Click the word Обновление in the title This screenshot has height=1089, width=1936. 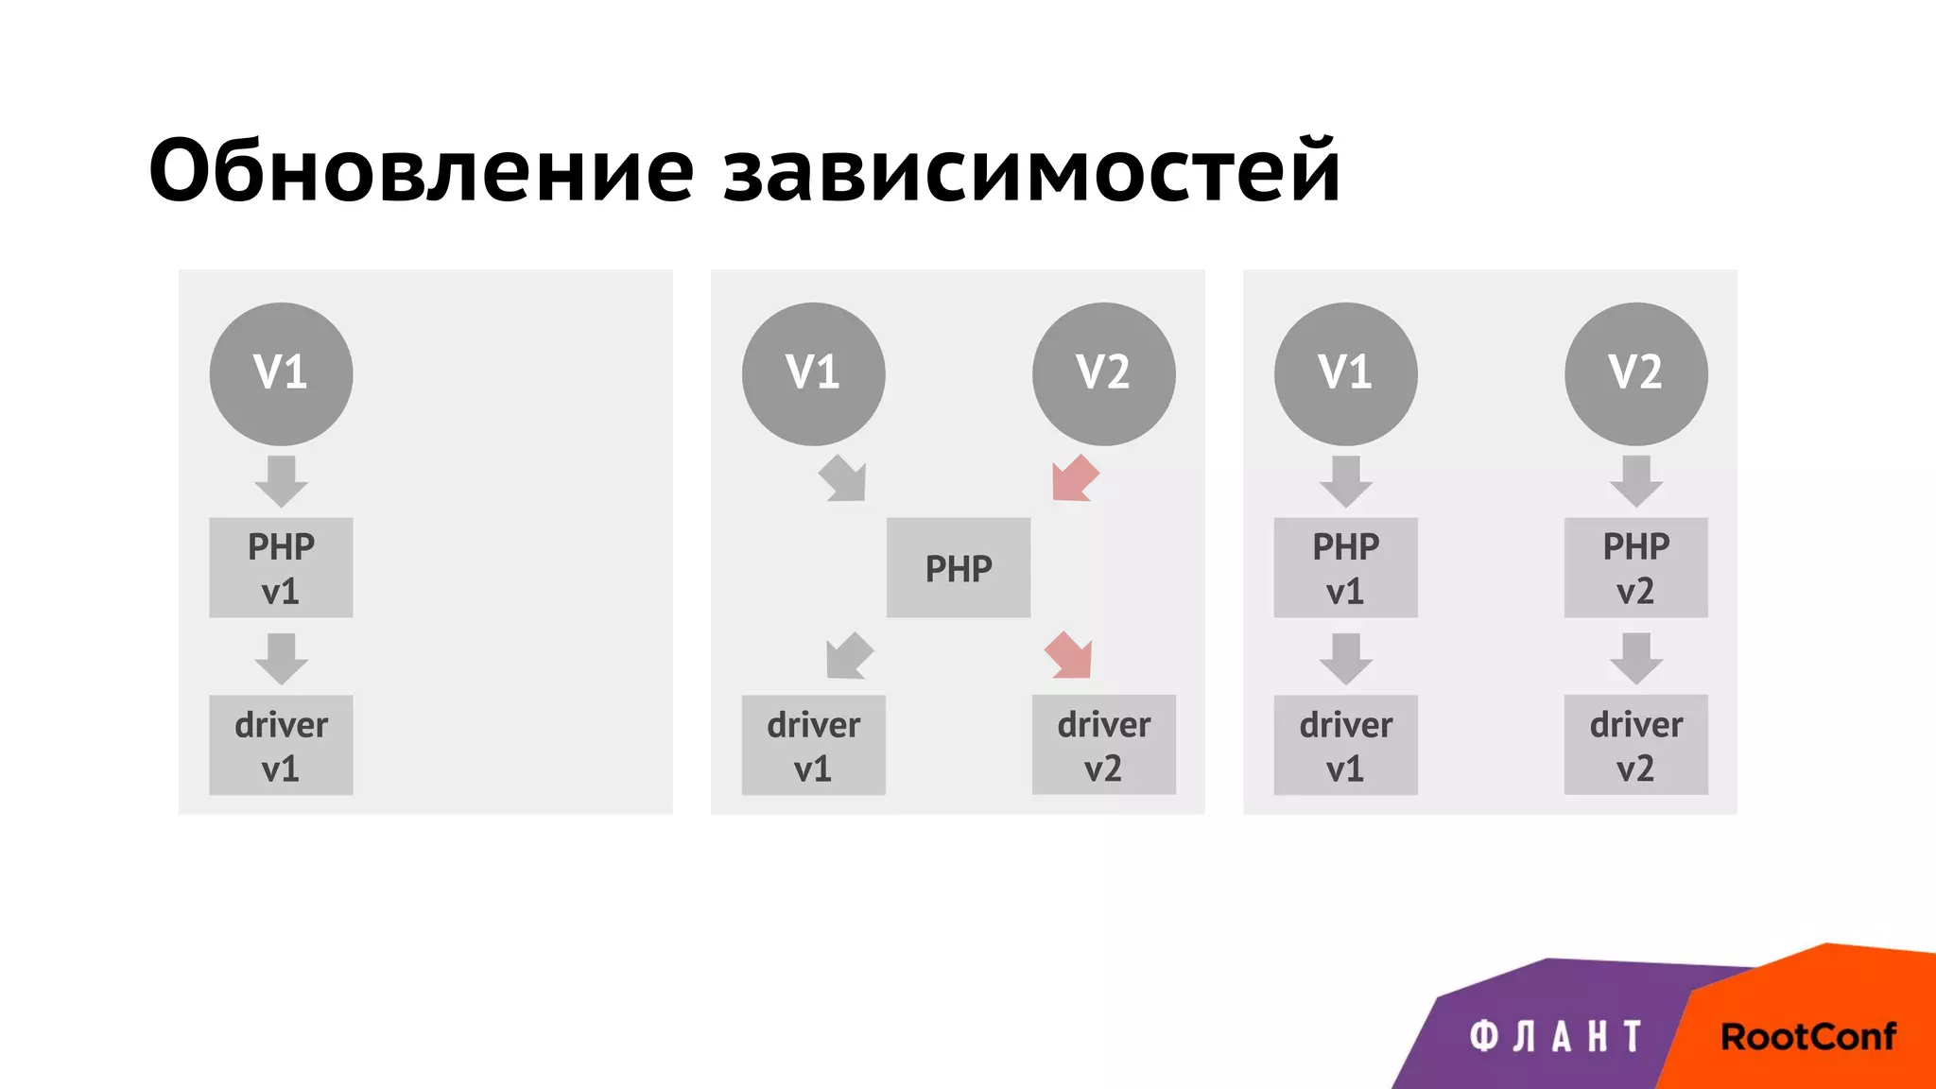(422, 171)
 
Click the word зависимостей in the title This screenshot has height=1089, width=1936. (1031, 171)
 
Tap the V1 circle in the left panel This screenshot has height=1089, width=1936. (281, 373)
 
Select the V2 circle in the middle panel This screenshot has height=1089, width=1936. (1103, 373)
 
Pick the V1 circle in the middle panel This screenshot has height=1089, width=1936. (813, 373)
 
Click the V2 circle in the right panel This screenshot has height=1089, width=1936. (1635, 373)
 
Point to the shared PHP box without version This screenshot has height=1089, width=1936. (958, 567)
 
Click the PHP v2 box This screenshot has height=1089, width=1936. (1635, 567)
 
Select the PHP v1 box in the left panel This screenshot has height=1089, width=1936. (281, 567)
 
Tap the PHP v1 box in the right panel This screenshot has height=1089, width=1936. (1345, 567)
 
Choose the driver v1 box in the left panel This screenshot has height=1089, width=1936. (281, 745)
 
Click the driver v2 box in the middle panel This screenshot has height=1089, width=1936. (1103, 745)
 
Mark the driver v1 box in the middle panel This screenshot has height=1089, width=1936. (813, 745)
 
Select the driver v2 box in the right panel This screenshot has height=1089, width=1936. (1635, 745)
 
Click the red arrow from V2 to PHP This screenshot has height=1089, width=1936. (1075, 479)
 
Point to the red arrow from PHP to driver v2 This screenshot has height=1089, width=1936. (1069, 655)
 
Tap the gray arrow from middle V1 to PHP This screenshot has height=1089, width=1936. (842, 479)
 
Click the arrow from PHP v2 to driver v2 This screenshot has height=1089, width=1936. (1635, 658)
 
